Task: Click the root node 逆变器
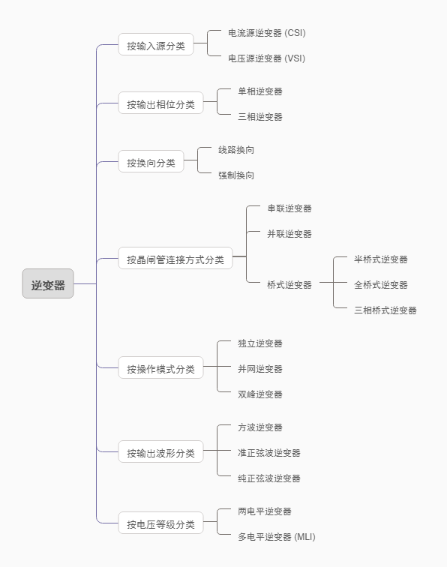click(48, 284)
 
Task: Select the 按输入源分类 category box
click(155, 46)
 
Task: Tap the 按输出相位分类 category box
click(160, 104)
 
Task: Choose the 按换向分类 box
click(151, 163)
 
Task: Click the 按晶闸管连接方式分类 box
click(175, 259)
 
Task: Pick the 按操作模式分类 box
click(160, 368)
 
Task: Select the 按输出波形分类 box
click(160, 453)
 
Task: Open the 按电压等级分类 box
click(160, 524)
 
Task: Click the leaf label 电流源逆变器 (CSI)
click(266, 33)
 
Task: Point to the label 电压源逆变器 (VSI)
click(266, 58)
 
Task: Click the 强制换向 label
click(236, 175)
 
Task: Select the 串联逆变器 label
click(289, 208)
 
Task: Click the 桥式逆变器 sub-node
click(289, 285)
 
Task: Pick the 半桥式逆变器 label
click(381, 259)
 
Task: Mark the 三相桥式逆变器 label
click(385, 310)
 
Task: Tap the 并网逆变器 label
click(260, 369)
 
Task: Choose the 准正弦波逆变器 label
click(269, 453)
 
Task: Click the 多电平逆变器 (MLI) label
click(277, 537)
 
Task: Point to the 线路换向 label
click(236, 150)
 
